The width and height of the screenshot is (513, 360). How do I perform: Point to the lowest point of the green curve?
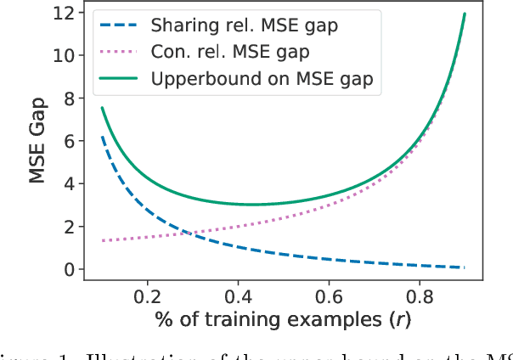click(252, 205)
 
